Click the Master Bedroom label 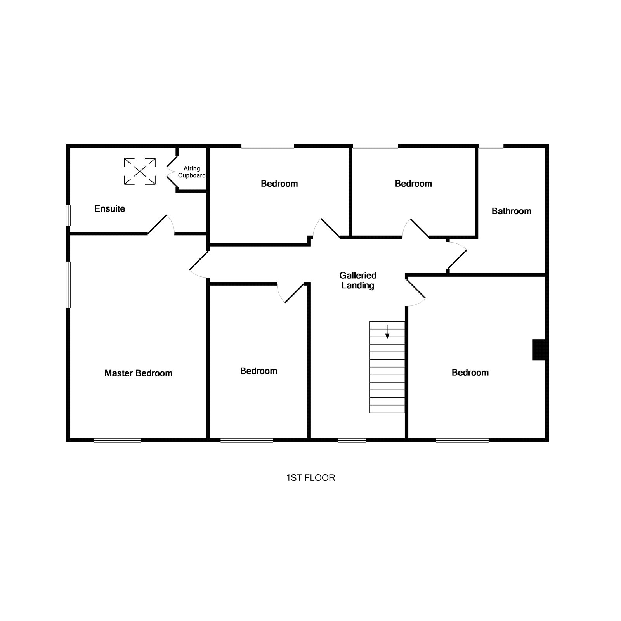[x=139, y=373]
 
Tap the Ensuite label [x=110, y=209]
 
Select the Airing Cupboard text [x=192, y=172]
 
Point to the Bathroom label [x=511, y=211]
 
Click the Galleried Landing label [x=357, y=280]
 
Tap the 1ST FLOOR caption [x=310, y=478]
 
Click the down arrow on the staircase [x=387, y=332]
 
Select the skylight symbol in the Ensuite [x=140, y=171]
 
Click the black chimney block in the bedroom [x=539, y=350]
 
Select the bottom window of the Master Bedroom [x=117, y=440]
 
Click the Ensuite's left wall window [x=68, y=215]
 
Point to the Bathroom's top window [x=491, y=146]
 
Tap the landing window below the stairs [x=352, y=440]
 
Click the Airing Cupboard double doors [x=172, y=172]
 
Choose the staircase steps [x=387, y=367]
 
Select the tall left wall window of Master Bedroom [x=68, y=284]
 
